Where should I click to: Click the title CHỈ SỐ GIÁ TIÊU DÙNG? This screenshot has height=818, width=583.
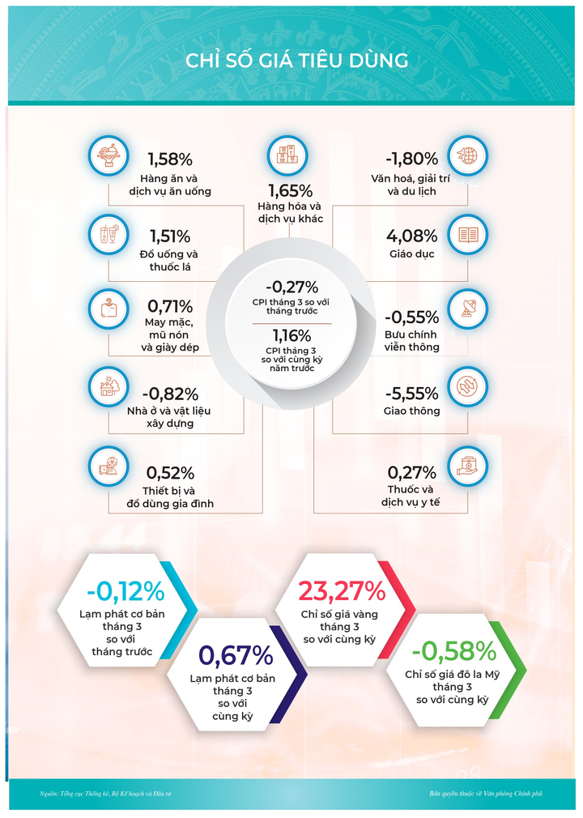tap(291, 62)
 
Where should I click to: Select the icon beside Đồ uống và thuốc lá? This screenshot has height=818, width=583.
tap(108, 235)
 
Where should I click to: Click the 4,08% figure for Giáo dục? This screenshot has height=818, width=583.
tap(412, 236)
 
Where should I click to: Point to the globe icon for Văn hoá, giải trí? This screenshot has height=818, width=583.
tap(467, 156)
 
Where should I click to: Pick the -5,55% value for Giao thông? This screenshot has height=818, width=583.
tap(412, 394)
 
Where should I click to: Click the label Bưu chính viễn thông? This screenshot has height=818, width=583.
tap(411, 341)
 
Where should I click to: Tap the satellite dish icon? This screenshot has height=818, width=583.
tap(467, 309)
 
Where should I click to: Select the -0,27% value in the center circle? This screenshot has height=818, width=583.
tap(291, 287)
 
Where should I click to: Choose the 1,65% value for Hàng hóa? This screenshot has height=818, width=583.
tap(291, 192)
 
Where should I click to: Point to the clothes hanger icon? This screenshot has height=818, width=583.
tap(108, 309)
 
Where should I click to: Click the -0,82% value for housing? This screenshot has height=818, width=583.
tap(171, 394)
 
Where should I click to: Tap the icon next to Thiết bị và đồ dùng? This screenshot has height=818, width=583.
tap(108, 467)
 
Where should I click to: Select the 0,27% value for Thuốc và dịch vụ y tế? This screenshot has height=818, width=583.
tap(412, 472)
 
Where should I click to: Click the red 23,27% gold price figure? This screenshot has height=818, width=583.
tap(342, 591)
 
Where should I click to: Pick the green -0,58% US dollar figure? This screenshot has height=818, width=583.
tap(453, 651)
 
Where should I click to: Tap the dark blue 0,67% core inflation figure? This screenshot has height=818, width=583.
tap(236, 654)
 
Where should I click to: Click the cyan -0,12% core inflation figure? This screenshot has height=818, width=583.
tap(125, 590)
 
